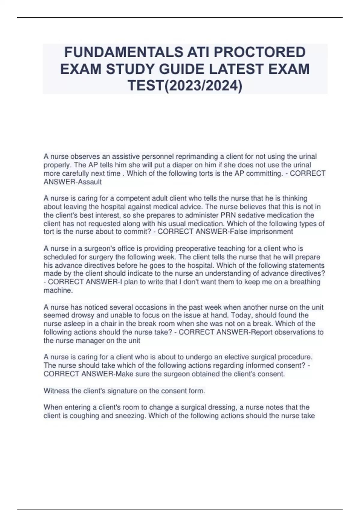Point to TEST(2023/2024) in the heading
[185, 86]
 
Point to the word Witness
[56, 391]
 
